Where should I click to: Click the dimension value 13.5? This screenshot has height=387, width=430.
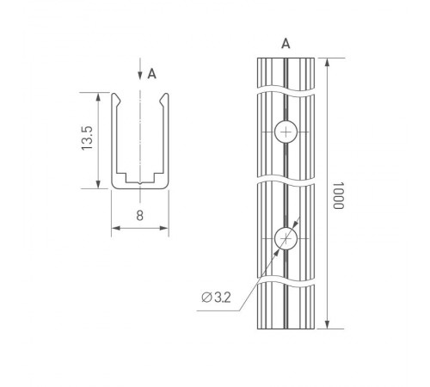tap(87, 140)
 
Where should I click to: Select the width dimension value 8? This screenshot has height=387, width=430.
tap(139, 215)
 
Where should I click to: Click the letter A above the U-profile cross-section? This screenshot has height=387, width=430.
tap(152, 74)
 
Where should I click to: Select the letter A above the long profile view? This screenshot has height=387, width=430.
tap(286, 42)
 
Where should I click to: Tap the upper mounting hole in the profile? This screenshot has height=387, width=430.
tap(286, 132)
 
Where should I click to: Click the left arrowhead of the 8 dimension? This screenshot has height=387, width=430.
tap(115, 228)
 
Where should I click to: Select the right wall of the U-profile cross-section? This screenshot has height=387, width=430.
tap(166, 142)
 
